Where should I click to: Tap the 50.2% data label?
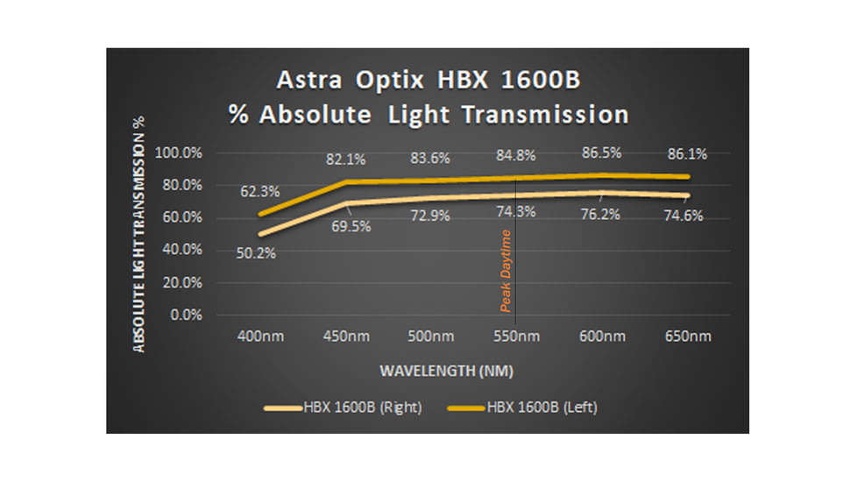tap(255, 254)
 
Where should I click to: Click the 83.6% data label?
tap(430, 158)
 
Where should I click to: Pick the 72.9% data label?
tap(430, 216)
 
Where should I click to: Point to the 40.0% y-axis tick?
tap(181, 250)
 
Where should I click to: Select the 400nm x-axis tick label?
tap(261, 337)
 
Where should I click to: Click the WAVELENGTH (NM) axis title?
tap(446, 371)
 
